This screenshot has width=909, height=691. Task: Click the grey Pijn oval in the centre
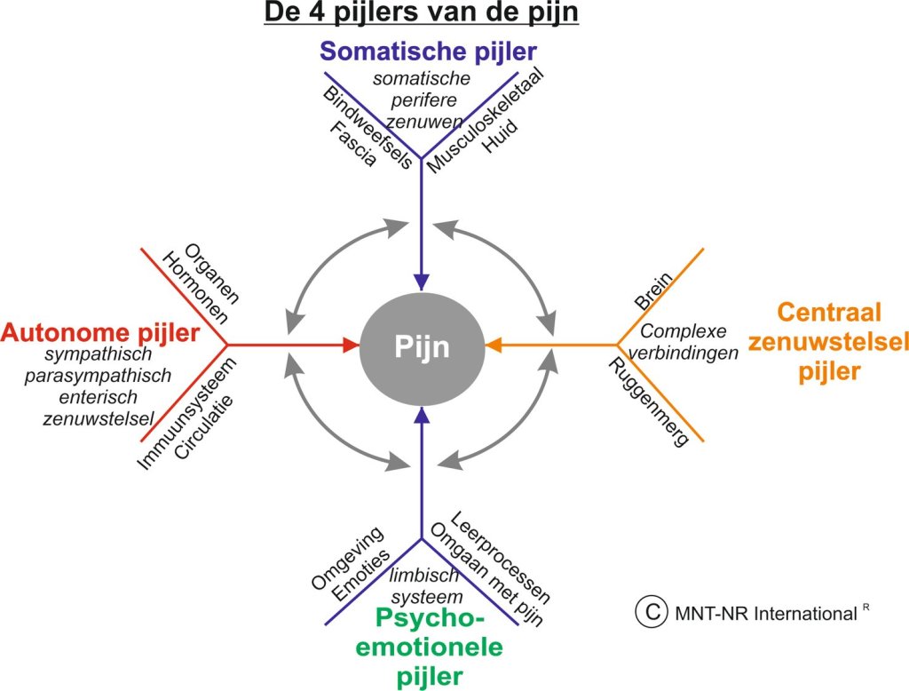click(422, 344)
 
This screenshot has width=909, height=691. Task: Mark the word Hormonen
click(194, 289)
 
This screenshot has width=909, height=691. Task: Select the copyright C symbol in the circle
click(652, 611)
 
